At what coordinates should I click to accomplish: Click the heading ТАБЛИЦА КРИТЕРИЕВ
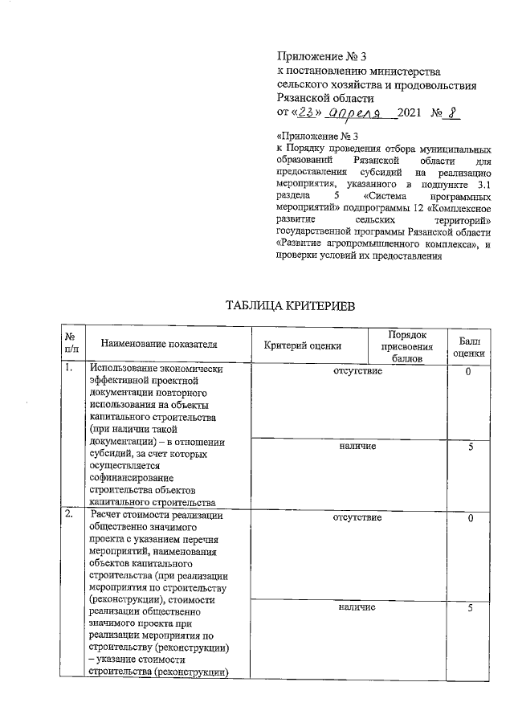pyautogui.click(x=289, y=306)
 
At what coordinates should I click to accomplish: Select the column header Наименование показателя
pyautogui.click(x=160, y=345)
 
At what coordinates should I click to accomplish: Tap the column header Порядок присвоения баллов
pyautogui.click(x=406, y=346)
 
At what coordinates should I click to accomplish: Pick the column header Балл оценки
pyautogui.click(x=468, y=346)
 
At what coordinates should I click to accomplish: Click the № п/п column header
pyautogui.click(x=71, y=345)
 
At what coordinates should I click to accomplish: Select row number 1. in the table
pyautogui.click(x=71, y=370)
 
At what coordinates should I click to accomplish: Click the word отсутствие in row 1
pyautogui.click(x=357, y=371)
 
